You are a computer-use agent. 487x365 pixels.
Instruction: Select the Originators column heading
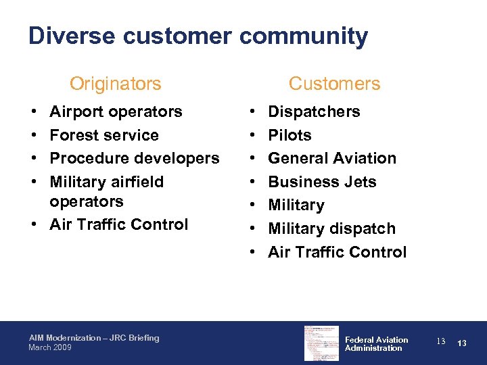(116, 84)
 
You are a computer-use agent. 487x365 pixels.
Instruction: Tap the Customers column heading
(334, 84)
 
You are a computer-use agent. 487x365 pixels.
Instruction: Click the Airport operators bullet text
(116, 112)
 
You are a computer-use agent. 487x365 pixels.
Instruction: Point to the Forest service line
(104, 135)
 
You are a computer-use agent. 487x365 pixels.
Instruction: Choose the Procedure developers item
(135, 158)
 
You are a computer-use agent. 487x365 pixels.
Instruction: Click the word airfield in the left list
(133, 182)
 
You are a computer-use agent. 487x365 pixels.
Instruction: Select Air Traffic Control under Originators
(119, 224)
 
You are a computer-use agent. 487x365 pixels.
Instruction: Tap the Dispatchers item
(314, 112)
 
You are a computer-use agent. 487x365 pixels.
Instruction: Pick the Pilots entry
(289, 135)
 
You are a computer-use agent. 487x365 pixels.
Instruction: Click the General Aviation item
(332, 158)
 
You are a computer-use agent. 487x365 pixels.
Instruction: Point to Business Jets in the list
(322, 182)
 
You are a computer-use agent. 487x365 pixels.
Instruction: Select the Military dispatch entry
(331, 228)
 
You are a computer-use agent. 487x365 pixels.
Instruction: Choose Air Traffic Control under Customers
(338, 252)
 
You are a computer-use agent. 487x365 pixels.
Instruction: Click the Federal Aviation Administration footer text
(376, 344)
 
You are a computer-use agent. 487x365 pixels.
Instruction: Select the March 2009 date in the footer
(49, 347)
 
